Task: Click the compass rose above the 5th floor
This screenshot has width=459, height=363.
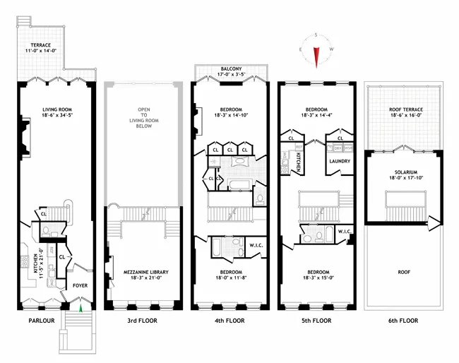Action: (316, 53)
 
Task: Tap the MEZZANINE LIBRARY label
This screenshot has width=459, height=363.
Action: (141, 273)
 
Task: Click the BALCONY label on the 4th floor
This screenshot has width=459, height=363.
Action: (232, 69)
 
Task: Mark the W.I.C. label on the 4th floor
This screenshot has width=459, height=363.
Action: (256, 246)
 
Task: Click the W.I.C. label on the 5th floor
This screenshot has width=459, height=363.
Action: (344, 231)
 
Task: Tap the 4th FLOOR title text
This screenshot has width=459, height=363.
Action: (227, 321)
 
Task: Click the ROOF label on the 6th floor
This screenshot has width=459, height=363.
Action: (400, 269)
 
